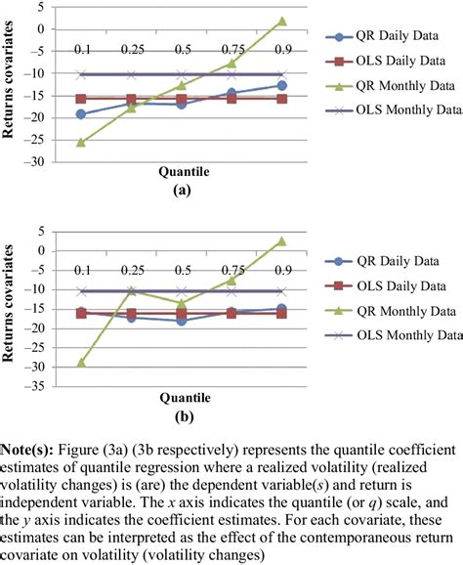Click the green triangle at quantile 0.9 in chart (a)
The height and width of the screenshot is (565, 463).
click(x=281, y=21)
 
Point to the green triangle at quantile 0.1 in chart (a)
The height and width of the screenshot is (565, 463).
click(x=80, y=142)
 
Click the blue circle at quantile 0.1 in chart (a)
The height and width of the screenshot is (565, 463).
click(x=80, y=114)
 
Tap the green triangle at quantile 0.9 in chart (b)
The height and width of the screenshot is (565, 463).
click(x=281, y=240)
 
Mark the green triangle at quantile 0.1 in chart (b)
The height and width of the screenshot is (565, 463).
click(x=80, y=362)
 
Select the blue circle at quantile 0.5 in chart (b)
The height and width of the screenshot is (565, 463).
click(x=182, y=320)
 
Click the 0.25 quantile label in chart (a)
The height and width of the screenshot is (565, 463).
click(x=131, y=49)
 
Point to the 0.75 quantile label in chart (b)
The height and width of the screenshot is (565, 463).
click(x=231, y=270)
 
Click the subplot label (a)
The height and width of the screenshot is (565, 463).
click(x=182, y=192)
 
